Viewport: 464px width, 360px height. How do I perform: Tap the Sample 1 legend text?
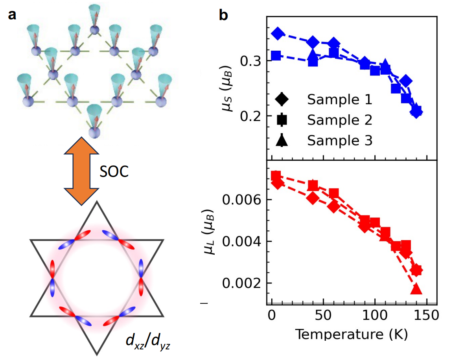click(339, 100)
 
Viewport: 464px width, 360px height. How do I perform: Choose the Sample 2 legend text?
click(339, 120)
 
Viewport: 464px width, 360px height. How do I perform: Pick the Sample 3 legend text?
click(339, 140)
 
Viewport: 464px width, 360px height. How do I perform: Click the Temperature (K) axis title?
click(351, 334)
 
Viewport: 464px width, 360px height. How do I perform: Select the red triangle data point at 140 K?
click(416, 290)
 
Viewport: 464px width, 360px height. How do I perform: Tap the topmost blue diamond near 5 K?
click(278, 34)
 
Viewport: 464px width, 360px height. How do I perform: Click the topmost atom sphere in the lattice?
click(94, 29)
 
